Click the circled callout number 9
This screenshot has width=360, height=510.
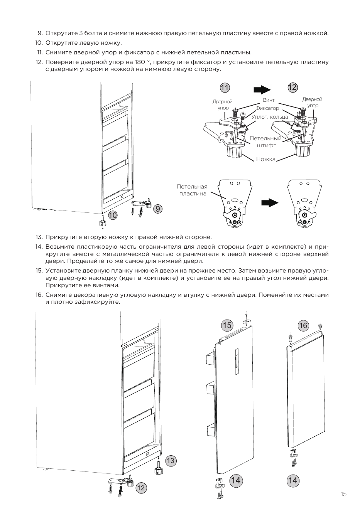[158, 209]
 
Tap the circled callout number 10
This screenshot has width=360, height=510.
[113, 215]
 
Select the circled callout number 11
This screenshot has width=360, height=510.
[225, 88]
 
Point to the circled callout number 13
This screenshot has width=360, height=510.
[171, 461]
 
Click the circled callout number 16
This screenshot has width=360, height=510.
[303, 325]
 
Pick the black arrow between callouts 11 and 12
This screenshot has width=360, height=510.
[262, 90]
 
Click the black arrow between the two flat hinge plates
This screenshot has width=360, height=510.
[270, 202]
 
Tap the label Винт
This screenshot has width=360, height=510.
[269, 100]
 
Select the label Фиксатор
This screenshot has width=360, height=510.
[267, 108]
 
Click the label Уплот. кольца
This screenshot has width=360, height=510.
[270, 117]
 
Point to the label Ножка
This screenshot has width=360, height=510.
[266, 159]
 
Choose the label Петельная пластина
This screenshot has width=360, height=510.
[192, 190]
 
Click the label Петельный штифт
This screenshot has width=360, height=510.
[266, 142]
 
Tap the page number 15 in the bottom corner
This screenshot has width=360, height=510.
[343, 494]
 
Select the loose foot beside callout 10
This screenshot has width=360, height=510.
[102, 222]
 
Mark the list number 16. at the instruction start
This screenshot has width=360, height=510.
[39, 295]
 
